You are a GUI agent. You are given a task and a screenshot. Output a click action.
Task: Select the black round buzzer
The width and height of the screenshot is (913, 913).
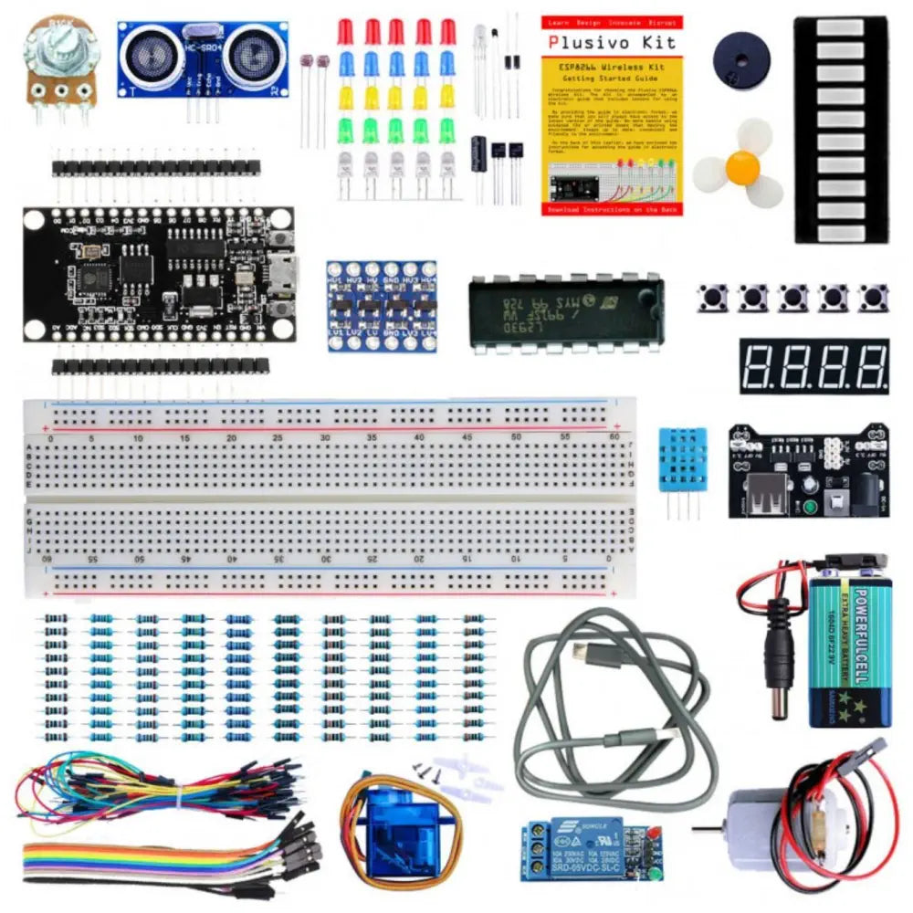pyautogui.click(x=740, y=56)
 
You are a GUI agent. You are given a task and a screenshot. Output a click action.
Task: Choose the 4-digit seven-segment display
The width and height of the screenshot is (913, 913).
pyautogui.click(x=813, y=366)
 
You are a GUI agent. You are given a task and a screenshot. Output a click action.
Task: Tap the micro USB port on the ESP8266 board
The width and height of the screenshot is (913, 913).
pyautogui.click(x=280, y=273)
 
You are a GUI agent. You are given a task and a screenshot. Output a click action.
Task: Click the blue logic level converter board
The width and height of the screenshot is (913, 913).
pyautogui.click(x=382, y=307)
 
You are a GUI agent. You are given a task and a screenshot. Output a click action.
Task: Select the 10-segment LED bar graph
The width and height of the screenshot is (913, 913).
pyautogui.click(x=841, y=129)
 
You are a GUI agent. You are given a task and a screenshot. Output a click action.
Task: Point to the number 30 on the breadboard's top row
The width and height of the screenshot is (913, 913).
pyautogui.click(x=325, y=438)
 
